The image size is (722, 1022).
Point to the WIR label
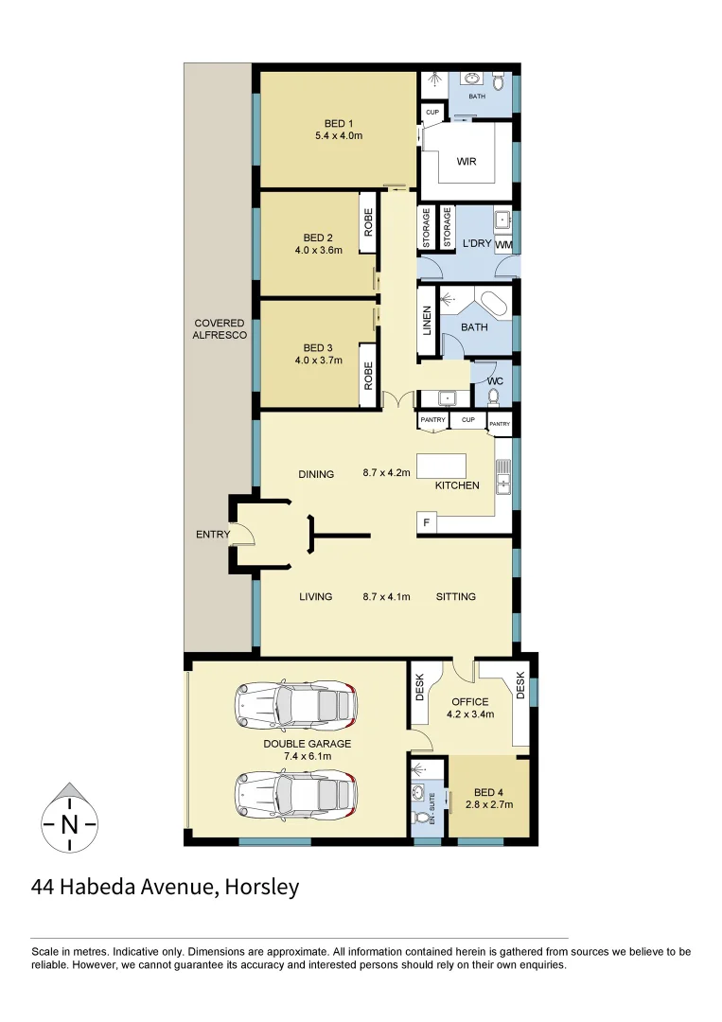466,162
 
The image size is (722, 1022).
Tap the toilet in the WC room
493,396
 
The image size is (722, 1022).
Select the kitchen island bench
442,466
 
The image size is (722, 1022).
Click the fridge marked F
427,523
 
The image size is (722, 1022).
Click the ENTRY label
212,535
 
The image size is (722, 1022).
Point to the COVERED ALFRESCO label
219,329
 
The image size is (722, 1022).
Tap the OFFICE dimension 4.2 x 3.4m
470,714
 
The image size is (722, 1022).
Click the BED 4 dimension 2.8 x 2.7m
488,805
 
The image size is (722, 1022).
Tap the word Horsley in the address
262,887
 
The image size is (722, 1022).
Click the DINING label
315,474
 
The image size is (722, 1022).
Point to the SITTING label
455,596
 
